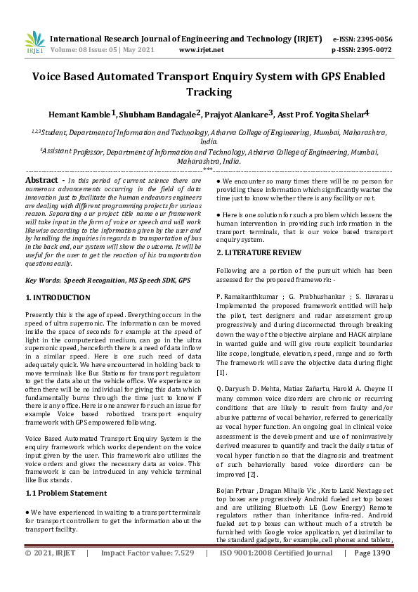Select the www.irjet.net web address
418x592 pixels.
pos(202,50)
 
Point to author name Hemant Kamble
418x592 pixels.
pos(78,114)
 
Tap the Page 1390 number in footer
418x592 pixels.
pos(372,573)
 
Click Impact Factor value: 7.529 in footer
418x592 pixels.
pos(148,573)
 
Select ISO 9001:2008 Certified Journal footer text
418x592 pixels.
pos(276,573)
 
